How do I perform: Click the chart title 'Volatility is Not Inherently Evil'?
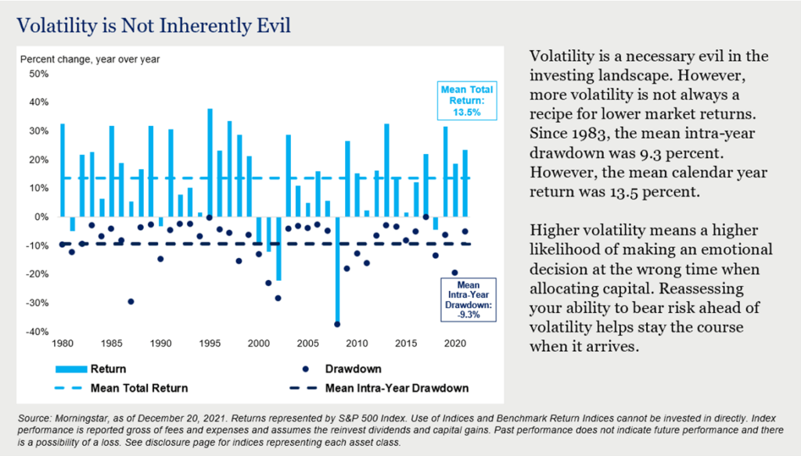[153, 26]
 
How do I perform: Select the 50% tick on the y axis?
[38, 74]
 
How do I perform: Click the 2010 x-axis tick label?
[356, 343]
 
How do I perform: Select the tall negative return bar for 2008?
[337, 270]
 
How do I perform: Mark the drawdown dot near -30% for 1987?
[131, 301]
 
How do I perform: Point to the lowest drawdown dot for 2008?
[337, 324]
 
